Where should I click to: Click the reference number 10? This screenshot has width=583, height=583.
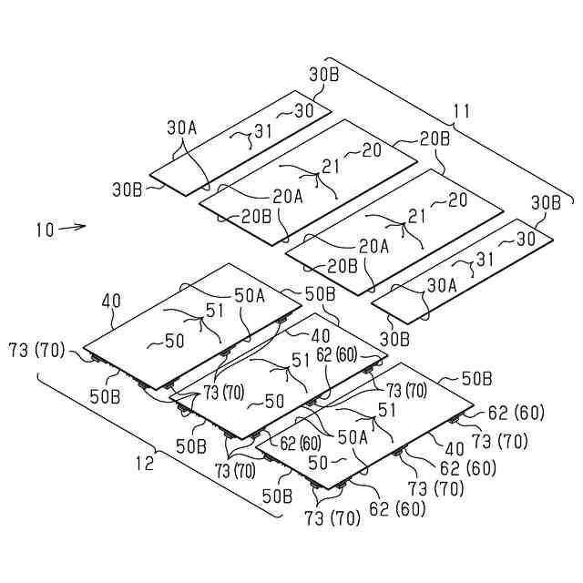pyautogui.click(x=44, y=230)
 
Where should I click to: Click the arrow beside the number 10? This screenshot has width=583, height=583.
pyautogui.click(x=73, y=227)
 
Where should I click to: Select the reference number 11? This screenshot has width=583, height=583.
pyautogui.click(x=462, y=112)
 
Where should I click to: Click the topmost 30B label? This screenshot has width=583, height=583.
pyautogui.click(x=324, y=75)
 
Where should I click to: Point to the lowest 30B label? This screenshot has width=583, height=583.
pyautogui.click(x=395, y=339)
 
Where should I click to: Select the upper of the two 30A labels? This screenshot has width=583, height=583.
pyautogui.click(x=181, y=128)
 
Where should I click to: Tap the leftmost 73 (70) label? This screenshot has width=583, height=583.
pyautogui.click(x=37, y=349)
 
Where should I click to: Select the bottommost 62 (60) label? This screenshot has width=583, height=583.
pyautogui.click(x=397, y=509)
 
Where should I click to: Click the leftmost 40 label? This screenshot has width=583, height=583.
pyautogui.click(x=112, y=301)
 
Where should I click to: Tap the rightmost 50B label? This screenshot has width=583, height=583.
pyautogui.click(x=478, y=376)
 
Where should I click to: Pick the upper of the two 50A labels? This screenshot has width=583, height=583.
pyautogui.click(x=250, y=294)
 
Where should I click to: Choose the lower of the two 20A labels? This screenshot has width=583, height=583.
pyautogui.click(x=373, y=245)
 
